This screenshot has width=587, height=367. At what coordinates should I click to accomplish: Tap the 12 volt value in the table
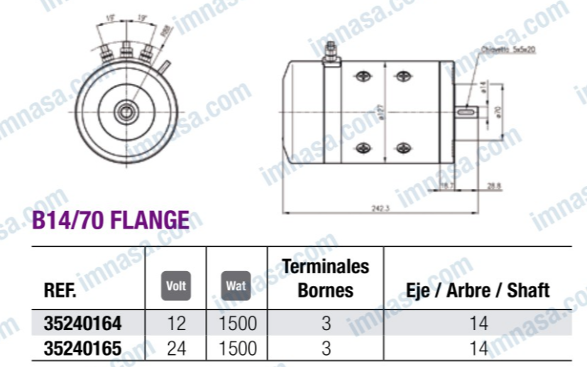click(175, 323)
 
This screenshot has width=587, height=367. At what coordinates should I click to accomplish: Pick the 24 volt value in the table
click(175, 348)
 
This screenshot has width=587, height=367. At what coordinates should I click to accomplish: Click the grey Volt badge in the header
click(175, 285)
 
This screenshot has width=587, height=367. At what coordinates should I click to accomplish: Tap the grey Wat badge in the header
click(236, 285)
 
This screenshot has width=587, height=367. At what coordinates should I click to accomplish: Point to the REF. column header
click(60, 290)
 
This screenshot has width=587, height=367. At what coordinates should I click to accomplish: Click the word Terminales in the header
click(326, 267)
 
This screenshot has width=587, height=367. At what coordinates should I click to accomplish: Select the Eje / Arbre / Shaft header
click(478, 290)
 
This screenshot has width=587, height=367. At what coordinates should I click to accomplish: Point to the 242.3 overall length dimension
click(381, 208)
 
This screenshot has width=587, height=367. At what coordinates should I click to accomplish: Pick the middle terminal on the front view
click(126, 52)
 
